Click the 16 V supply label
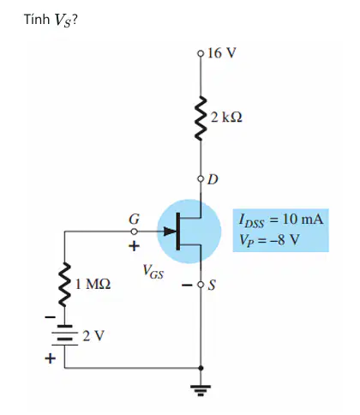click(222, 53)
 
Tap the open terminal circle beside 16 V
click(201, 53)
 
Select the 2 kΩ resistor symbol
click(201, 118)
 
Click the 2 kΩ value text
click(226, 117)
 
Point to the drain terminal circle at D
click(201, 179)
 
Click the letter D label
click(213, 179)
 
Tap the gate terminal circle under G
click(135, 232)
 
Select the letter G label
click(134, 220)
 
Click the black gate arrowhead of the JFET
click(170, 232)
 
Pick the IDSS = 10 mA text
click(281, 220)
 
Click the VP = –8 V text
click(269, 240)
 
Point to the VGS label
click(153, 271)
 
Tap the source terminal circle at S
click(201, 285)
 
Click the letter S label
click(212, 285)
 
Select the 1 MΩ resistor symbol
click(65, 285)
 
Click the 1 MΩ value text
click(93, 285)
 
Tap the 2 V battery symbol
click(65, 335)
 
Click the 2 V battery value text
click(93, 336)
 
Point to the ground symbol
click(201, 390)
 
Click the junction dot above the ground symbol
click(201, 368)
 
